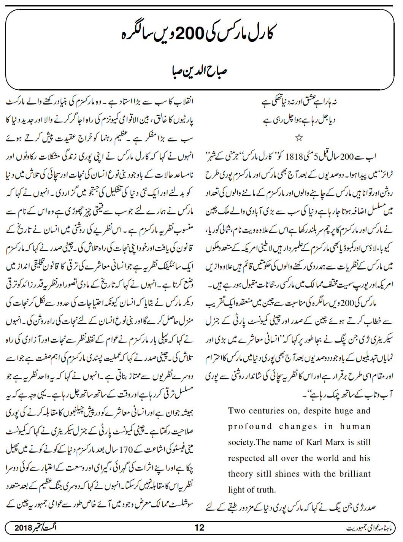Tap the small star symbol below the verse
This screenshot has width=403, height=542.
coord(299,138)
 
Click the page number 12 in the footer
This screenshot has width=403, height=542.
coord(199,528)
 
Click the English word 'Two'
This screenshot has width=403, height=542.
coord(236,411)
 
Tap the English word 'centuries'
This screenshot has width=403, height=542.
coord(270,411)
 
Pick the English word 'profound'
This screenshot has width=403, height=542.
coord(250,426)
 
